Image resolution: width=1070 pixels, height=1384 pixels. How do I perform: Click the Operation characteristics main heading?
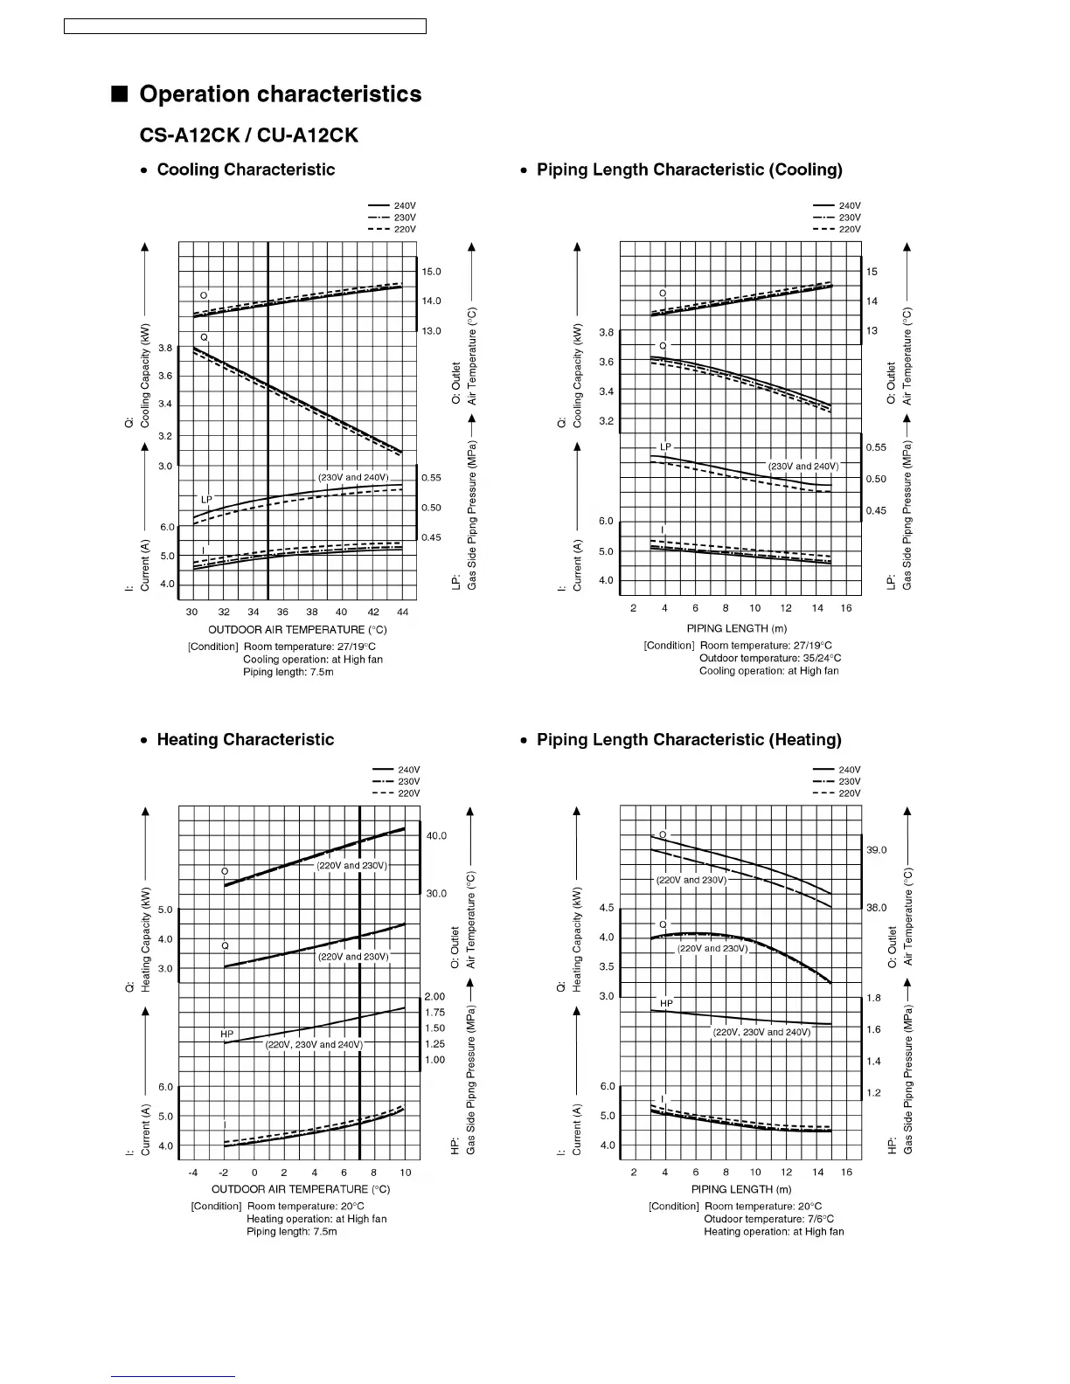click(x=280, y=94)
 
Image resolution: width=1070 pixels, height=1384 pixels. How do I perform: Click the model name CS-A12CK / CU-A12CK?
click(x=248, y=135)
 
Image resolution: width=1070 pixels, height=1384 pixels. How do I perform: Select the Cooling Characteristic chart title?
click(x=245, y=170)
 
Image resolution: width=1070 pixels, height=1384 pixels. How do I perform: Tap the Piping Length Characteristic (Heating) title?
click(x=689, y=740)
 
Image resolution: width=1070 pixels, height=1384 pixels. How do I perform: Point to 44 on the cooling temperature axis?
click(x=402, y=612)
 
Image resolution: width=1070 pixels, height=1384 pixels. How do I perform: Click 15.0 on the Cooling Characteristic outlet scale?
click(x=431, y=272)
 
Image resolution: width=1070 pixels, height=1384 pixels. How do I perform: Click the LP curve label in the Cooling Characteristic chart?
click(x=206, y=500)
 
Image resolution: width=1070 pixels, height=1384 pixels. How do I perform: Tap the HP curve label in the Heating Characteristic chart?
click(x=226, y=1035)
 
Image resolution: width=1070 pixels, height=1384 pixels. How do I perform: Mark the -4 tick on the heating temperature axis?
click(x=193, y=1172)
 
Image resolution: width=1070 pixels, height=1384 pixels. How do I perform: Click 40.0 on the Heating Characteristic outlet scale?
click(x=436, y=835)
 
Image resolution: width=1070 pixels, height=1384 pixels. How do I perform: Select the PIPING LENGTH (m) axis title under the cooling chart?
click(x=736, y=628)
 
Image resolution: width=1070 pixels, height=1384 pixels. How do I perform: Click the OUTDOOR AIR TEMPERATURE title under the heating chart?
click(x=301, y=1189)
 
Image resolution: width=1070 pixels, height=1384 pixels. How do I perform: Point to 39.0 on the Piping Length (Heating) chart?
click(x=876, y=850)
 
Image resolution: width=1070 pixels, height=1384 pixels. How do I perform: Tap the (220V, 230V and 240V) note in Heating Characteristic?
click(x=314, y=1044)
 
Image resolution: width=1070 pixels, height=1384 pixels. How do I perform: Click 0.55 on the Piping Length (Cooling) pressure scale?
click(x=876, y=447)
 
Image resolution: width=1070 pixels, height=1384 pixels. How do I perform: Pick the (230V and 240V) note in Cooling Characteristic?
click(x=353, y=478)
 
